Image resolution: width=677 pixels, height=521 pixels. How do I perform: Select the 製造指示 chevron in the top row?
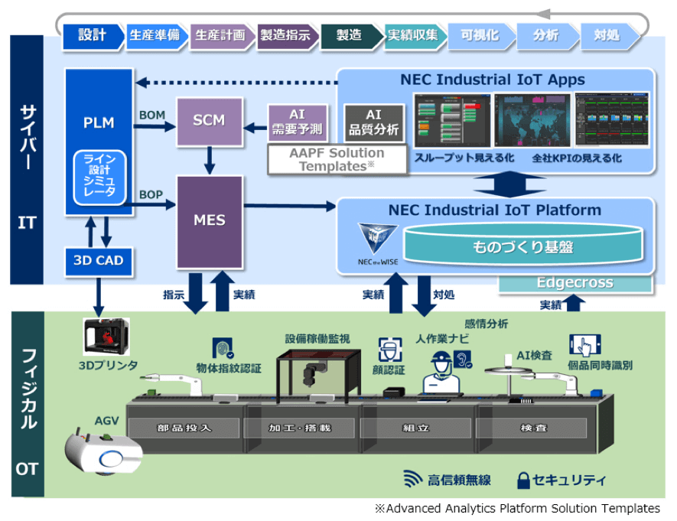286,36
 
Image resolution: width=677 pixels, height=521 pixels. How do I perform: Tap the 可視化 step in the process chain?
480,36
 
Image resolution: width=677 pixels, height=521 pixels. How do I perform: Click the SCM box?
209,122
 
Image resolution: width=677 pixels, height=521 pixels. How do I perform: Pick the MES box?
209,220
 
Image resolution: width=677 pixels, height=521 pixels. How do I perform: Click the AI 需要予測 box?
297,122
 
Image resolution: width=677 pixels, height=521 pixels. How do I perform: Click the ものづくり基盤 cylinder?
522,246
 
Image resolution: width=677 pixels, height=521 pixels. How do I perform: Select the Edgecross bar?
574,283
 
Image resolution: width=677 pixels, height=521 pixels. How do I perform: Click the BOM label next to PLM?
152,116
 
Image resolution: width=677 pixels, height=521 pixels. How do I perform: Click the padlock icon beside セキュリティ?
524,480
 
